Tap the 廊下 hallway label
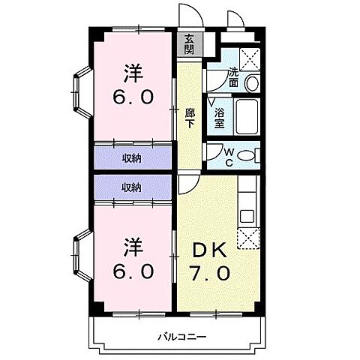[189, 118]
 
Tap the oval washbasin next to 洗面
[252, 82]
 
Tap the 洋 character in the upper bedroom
[133, 73]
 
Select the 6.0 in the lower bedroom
[133, 269]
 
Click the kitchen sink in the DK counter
[248, 216]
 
